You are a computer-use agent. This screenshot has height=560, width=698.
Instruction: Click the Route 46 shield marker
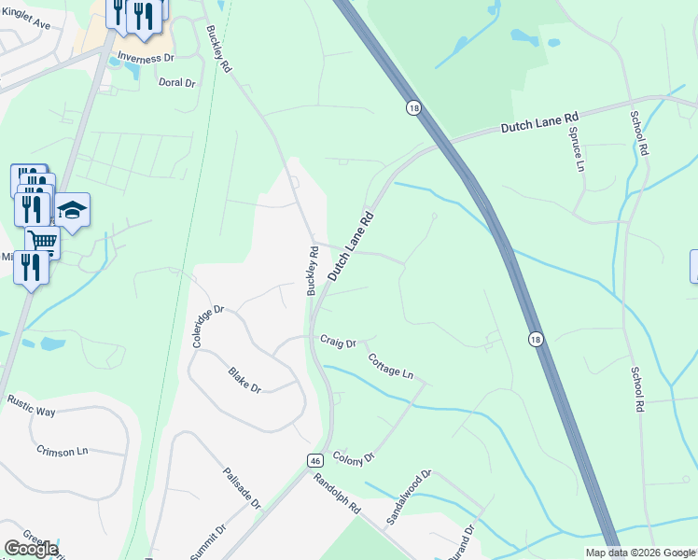pos(316,461)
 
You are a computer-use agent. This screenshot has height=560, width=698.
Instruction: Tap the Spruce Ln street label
pos(575,147)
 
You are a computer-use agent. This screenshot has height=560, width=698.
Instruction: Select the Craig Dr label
pos(338,343)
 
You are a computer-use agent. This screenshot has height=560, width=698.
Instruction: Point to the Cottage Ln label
pos(390,366)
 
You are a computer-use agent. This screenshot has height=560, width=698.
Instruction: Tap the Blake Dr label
pos(244,380)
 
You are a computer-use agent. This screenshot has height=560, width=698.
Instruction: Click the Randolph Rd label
pos(337,495)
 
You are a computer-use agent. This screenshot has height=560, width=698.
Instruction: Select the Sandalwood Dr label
pos(409,496)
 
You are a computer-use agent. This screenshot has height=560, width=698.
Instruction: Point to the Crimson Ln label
pos(62,450)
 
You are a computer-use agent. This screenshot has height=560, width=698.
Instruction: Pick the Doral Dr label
pos(176,82)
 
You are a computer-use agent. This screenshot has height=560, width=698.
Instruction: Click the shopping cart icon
pos(42,242)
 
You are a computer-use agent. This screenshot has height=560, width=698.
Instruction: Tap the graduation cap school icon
pos(71,210)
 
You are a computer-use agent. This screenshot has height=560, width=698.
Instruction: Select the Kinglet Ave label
pos(25,18)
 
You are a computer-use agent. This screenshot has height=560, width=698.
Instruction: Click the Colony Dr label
pos(353,456)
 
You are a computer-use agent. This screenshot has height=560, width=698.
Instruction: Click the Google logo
pos(31,549)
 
